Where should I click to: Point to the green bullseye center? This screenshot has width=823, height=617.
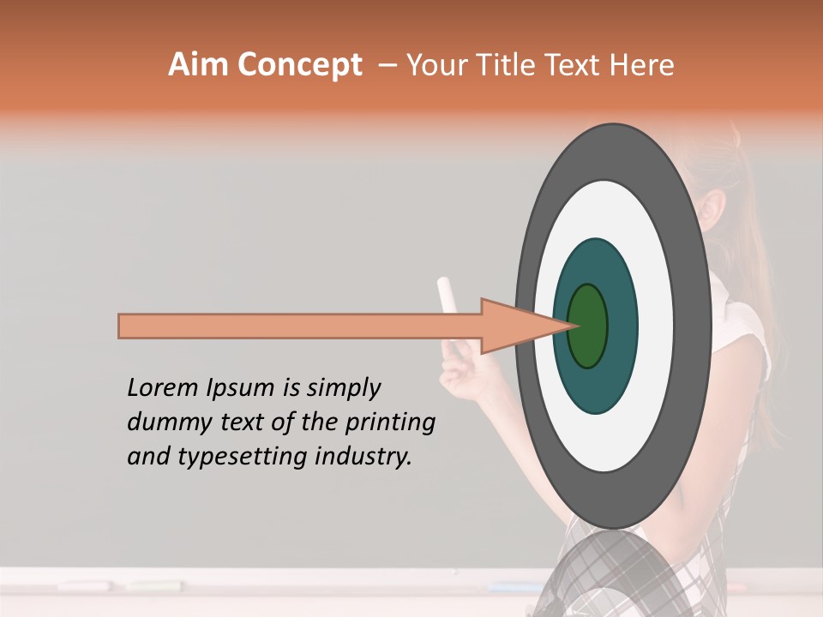588,326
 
